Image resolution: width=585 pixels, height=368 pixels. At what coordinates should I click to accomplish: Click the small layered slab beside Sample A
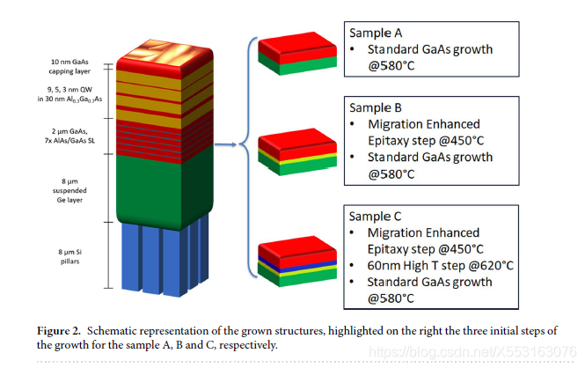295,55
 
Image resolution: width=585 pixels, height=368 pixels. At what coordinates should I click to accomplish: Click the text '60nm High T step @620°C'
437,265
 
